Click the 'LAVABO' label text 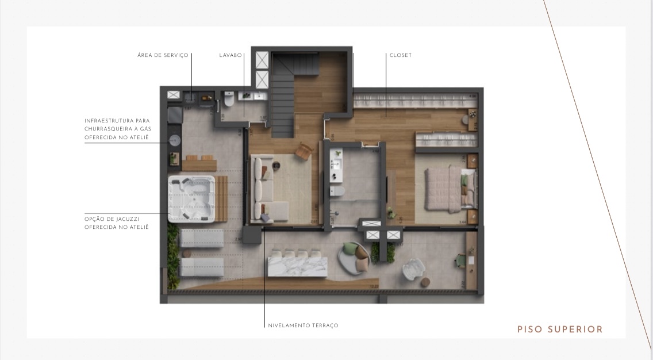tap(231, 56)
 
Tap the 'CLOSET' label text tap(400, 56)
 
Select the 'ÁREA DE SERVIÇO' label tap(163, 56)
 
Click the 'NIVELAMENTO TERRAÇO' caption tap(303, 325)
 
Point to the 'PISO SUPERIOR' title tap(560, 330)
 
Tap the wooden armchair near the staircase tap(304, 151)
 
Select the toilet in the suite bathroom tap(339, 192)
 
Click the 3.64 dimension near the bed tap(462, 221)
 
